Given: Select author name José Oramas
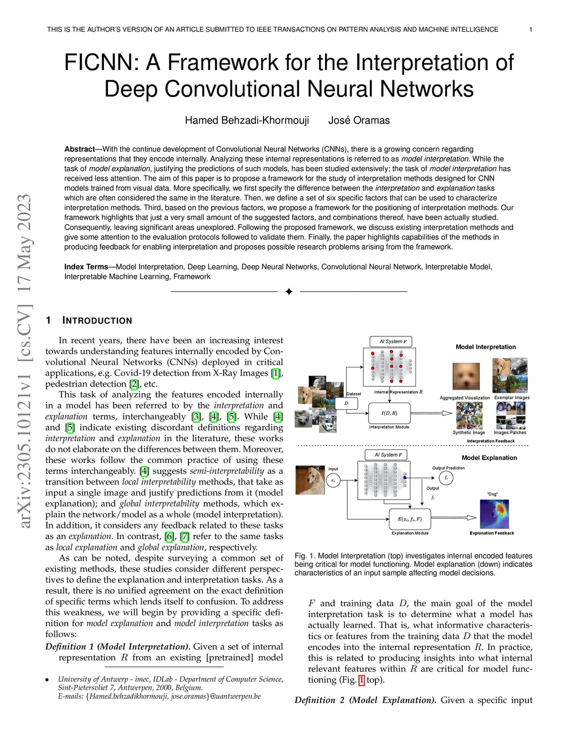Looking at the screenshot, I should [359, 120].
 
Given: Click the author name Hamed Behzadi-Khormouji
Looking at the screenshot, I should [247, 120].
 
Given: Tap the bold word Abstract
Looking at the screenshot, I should [80, 149].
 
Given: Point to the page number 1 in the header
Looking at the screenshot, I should [531, 29].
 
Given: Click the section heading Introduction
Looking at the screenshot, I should [97, 321].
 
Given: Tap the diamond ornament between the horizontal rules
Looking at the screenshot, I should [289, 291].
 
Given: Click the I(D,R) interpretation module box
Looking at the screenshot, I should [389, 413].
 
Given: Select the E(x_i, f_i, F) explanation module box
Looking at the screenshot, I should [410, 519].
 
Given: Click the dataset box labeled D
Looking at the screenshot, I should [346, 403].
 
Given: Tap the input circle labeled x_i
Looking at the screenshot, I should [333, 480].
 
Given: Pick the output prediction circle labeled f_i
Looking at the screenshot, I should [446, 478].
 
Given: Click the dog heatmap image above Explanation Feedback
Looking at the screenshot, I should [494, 514].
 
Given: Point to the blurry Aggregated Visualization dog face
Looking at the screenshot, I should [466, 376].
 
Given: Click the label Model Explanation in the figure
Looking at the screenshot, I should [489, 458].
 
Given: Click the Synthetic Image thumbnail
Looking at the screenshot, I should [469, 415].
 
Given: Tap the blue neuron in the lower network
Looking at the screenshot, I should [405, 478].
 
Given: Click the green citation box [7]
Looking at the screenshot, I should [185, 536].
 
